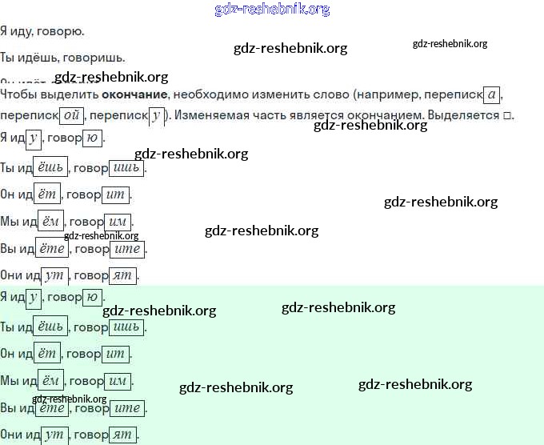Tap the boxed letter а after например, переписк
tap(493, 95)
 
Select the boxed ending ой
tap(71, 115)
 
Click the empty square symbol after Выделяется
tap(507, 115)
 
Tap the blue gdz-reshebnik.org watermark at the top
tap(272, 10)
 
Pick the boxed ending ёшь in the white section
tap(50, 167)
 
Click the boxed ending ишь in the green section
tap(126, 327)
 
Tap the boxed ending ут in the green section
tap(54, 435)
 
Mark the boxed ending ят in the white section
tap(123, 275)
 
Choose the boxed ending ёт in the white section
tap(48, 194)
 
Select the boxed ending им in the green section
tap(118, 380)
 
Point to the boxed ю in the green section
tap(92, 298)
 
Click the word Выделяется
tap(466, 115)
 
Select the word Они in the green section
tap(11, 435)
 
